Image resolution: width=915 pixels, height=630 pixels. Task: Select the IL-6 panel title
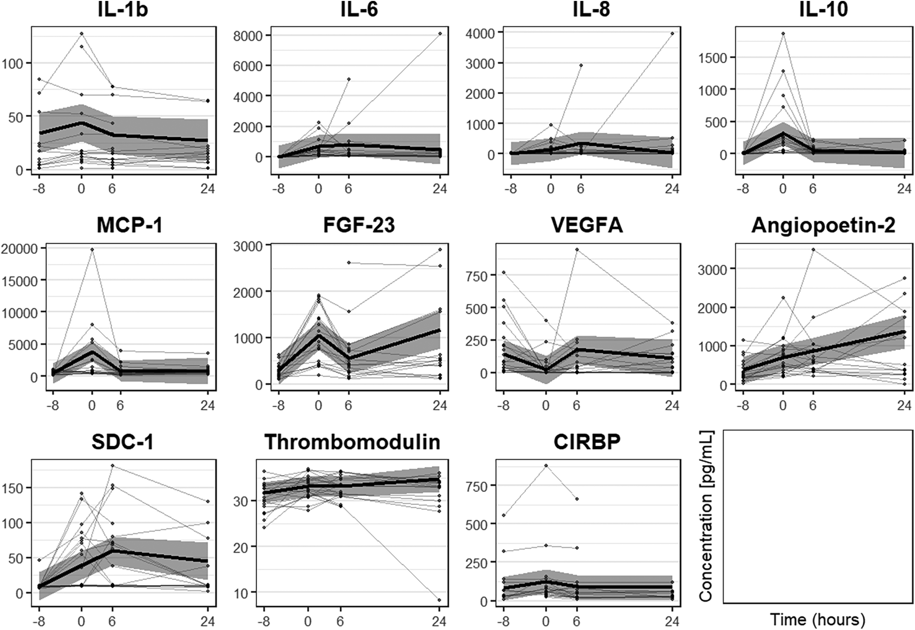point(359,9)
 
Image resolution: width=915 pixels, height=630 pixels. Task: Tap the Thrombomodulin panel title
point(352,442)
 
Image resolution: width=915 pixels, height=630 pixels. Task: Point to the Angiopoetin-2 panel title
point(823,225)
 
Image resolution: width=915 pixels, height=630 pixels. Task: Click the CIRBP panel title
point(587,442)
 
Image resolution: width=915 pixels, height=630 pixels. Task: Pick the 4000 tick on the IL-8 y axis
point(481,33)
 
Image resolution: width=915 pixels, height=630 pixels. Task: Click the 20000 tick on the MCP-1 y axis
point(20,249)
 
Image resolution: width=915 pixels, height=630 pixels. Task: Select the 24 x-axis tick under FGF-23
point(439,405)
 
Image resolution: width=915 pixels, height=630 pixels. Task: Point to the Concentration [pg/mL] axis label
point(706,517)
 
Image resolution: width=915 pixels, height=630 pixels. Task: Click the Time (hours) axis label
point(817,620)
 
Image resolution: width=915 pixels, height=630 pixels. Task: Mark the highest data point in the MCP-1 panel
point(92,250)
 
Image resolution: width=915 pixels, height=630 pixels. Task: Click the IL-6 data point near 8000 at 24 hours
point(440,34)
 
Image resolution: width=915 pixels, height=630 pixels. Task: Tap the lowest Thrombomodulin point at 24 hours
point(439,600)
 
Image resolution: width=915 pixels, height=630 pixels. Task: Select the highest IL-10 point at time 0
point(783,34)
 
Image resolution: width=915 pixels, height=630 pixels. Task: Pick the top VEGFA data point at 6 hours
point(577,250)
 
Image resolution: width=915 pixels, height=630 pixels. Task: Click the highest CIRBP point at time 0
point(546,466)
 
